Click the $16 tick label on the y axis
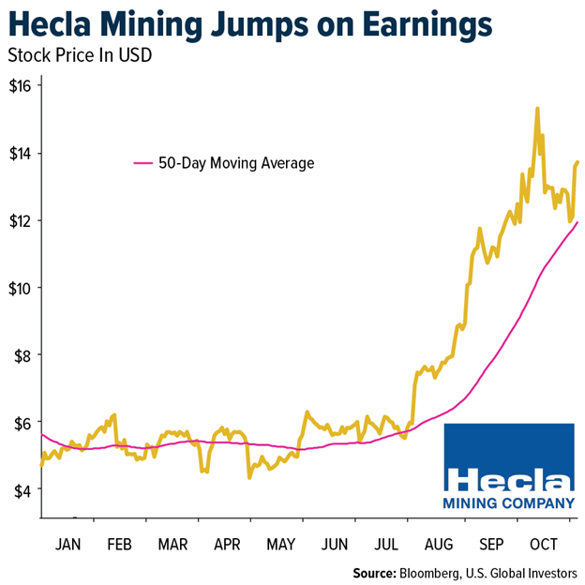pyautogui.click(x=21, y=85)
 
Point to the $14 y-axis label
pyautogui.click(x=21, y=153)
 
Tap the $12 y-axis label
pyautogui.click(x=21, y=220)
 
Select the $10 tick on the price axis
pyautogui.click(x=21, y=288)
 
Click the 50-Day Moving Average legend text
pyautogui.click(x=235, y=163)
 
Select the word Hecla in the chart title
pyautogui.click(x=54, y=22)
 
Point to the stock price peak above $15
pyautogui.click(x=537, y=109)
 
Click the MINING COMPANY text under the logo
pyautogui.click(x=508, y=503)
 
